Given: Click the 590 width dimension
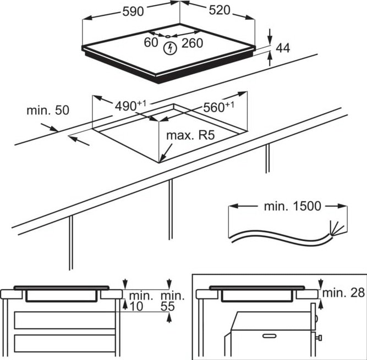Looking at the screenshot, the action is [x=133, y=11].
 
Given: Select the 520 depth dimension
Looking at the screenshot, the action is [x=220, y=10].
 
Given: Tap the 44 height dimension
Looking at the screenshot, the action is [x=283, y=48].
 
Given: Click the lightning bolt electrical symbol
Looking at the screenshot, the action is [x=170, y=48].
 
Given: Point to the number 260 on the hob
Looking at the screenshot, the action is [x=192, y=43].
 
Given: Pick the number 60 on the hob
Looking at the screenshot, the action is [x=151, y=42].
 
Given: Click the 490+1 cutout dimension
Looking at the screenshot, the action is [x=130, y=106].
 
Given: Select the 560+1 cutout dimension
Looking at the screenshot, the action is [x=218, y=107].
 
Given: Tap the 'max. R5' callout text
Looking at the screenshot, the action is [x=190, y=135].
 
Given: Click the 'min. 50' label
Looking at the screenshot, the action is [x=48, y=110].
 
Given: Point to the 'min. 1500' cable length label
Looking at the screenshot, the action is [x=292, y=206].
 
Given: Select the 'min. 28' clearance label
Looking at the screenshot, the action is [x=343, y=292].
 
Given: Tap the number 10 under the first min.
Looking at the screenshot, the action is [x=136, y=307].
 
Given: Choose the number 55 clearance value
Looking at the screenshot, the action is [x=168, y=307].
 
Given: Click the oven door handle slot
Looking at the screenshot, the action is [x=270, y=336].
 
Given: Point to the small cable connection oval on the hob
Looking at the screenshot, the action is [x=168, y=36].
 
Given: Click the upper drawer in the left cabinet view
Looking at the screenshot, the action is [x=65, y=320].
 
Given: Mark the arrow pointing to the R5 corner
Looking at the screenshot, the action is [x=166, y=153].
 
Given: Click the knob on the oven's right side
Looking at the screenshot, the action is [x=319, y=337].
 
